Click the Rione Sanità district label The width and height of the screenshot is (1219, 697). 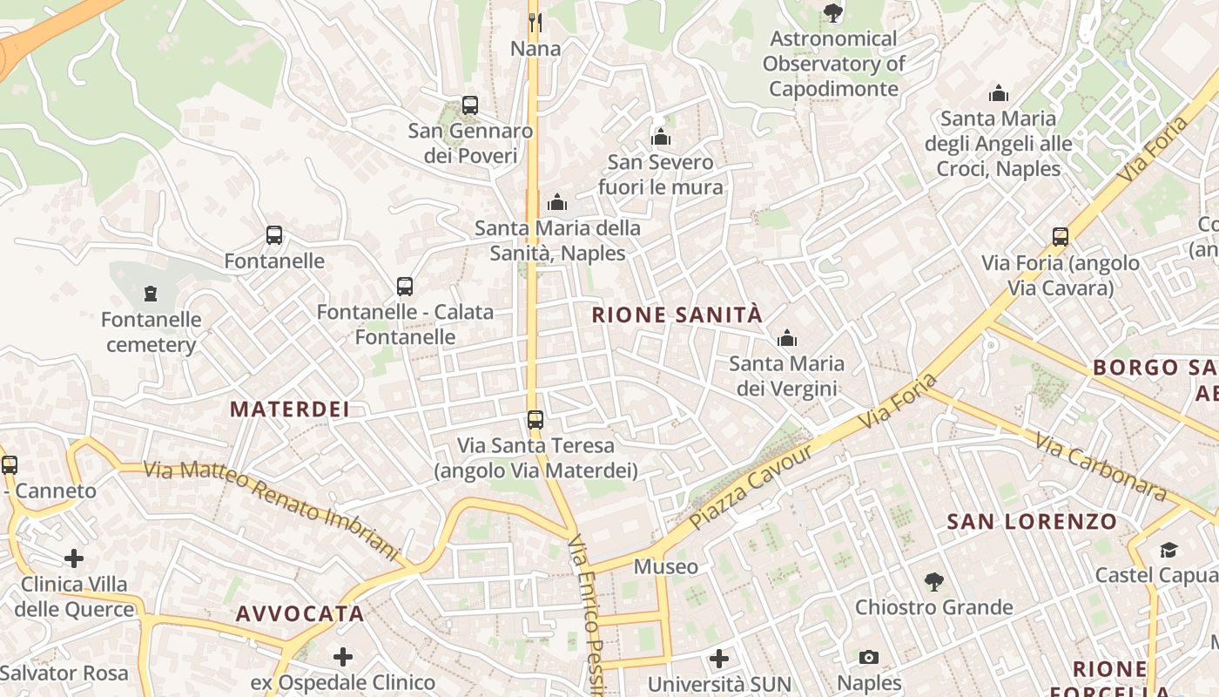(677, 315)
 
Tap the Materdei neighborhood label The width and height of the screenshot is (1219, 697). (289, 409)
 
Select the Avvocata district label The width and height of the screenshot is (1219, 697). (300, 613)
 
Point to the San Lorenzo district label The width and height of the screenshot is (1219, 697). (1032, 522)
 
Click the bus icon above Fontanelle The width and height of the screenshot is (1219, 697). (274, 235)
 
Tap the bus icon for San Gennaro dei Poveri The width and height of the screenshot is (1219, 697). (470, 105)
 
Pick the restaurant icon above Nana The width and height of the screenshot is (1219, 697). (535, 21)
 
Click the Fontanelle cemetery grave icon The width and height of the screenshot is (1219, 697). (151, 293)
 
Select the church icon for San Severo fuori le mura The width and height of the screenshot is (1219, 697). (661, 137)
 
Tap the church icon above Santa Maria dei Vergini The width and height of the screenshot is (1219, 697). (787, 337)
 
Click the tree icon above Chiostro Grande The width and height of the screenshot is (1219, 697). (933, 581)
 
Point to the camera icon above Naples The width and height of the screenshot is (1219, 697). (868, 658)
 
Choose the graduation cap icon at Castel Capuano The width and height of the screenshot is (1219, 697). (1168, 550)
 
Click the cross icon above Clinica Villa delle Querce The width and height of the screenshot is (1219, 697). (74, 558)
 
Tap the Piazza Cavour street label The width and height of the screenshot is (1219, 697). (751, 487)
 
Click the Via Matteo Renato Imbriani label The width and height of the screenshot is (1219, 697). (271, 510)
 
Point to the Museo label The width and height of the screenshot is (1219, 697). (665, 567)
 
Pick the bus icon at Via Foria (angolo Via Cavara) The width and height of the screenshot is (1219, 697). (1060, 236)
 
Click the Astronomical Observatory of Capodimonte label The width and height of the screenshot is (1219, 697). (833, 64)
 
